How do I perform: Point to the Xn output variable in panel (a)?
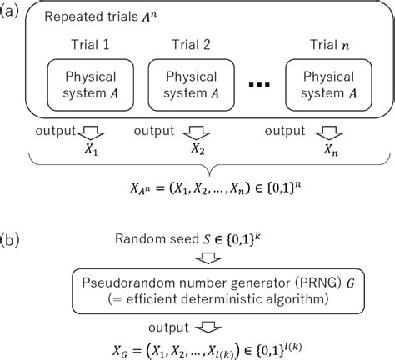click(x=334, y=154)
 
